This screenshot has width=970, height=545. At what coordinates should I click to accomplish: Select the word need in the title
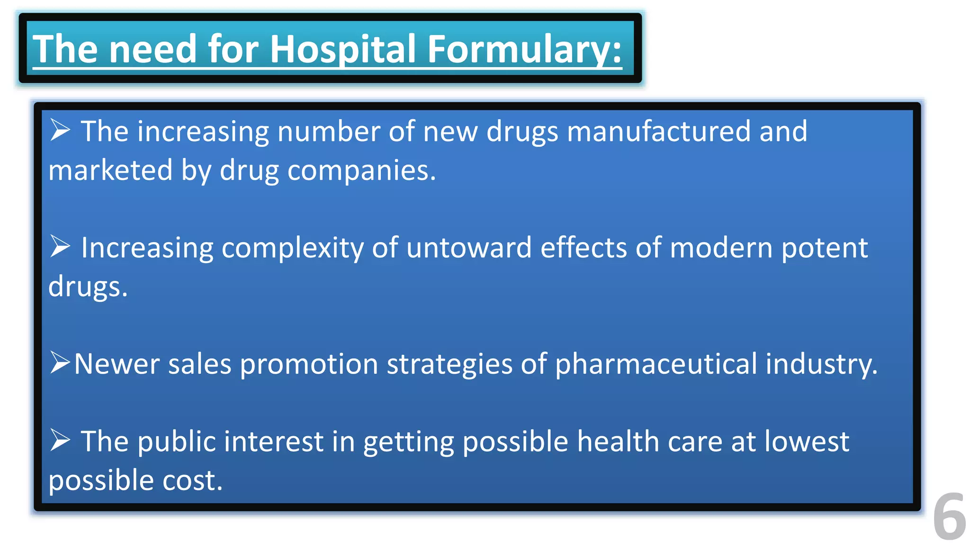click(153, 49)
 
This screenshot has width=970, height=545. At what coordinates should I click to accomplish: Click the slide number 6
click(949, 517)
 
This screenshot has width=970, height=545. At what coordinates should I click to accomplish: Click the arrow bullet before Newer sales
click(60, 363)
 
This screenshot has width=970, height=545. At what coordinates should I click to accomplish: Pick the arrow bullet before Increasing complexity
click(60, 246)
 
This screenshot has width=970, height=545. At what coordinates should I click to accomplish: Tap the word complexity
click(292, 248)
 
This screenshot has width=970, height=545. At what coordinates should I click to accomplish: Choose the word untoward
click(469, 247)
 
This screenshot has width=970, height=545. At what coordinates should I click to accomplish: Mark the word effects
click(584, 247)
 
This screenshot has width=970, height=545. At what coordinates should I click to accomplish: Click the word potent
click(824, 248)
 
